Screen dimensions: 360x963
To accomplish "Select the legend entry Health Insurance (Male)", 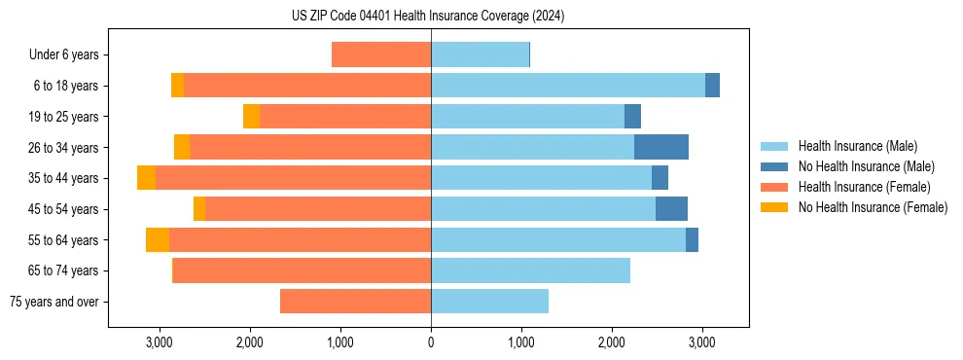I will (x=856, y=146).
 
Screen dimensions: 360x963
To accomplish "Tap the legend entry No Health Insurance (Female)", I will (x=873, y=207).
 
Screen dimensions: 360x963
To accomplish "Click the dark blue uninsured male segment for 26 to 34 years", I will (x=661, y=147).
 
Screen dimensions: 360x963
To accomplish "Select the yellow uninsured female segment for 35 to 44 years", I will (x=146, y=178).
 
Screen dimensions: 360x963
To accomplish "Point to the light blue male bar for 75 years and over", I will (x=489, y=302).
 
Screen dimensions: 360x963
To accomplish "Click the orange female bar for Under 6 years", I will (x=381, y=54).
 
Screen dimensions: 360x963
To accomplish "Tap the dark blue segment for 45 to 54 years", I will (x=671, y=209).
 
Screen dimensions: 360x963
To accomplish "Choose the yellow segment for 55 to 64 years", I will (x=158, y=240).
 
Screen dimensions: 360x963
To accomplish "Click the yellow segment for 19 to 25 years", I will (x=251, y=117).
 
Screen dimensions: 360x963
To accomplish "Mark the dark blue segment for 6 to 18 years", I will (x=712, y=86).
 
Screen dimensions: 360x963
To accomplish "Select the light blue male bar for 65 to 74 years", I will (x=530, y=270).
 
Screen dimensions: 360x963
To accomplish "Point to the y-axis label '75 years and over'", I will (x=53, y=302).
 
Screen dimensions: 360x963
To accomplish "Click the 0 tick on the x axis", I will (x=431, y=342).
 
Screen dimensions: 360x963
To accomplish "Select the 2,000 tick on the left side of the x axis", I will (x=249, y=342).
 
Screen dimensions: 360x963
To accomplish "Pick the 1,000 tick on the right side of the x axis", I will (x=521, y=342).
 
